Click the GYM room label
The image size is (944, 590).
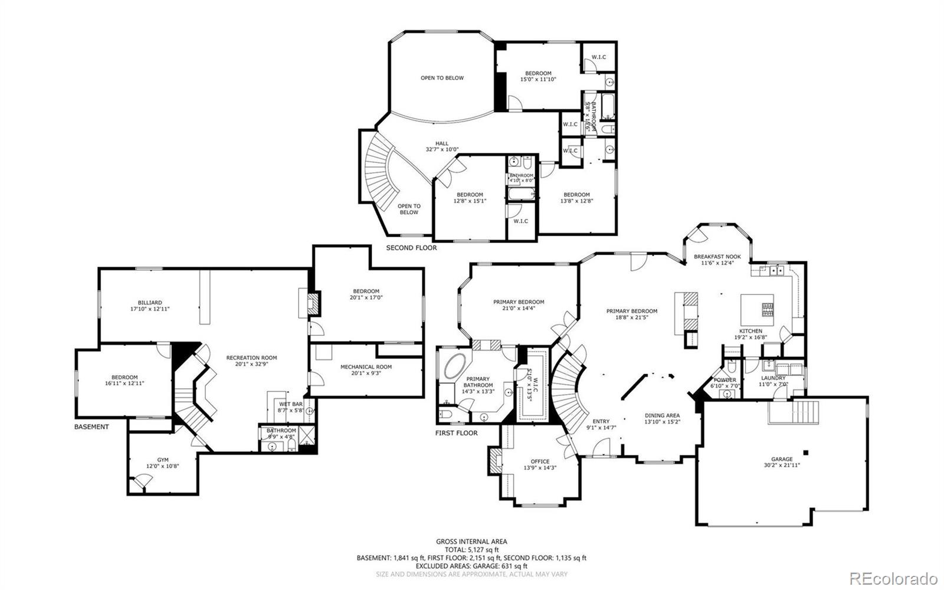point(162,460)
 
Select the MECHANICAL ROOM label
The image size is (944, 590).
point(366,367)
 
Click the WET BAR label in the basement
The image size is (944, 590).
point(290,404)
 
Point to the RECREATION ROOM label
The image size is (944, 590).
point(251,358)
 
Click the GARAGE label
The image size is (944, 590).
point(782,459)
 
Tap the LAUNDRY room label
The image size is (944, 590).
point(773,378)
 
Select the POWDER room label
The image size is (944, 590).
point(725,380)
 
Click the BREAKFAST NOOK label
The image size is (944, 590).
point(717,257)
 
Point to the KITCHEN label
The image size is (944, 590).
point(750,331)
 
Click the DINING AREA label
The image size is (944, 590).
point(662,415)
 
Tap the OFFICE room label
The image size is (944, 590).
point(540,461)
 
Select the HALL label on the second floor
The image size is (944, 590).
point(442,143)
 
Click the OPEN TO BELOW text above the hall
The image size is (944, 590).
point(442,78)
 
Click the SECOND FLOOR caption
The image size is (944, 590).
point(411,248)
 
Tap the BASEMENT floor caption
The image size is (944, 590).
point(91,427)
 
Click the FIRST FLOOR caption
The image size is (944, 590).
point(456,433)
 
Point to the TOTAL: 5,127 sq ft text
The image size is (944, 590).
point(471,549)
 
